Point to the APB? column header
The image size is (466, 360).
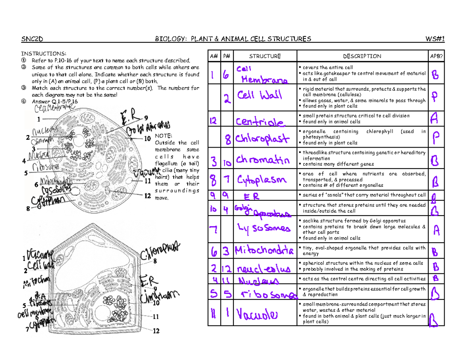(x=435, y=56)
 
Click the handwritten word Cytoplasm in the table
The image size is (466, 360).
(x=262, y=179)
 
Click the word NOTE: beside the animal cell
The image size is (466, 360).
(x=163, y=136)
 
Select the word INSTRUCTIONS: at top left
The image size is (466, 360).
(x=44, y=54)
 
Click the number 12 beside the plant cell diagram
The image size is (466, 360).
(x=156, y=331)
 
